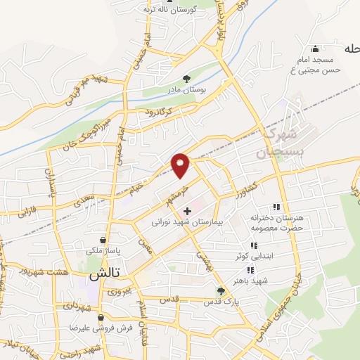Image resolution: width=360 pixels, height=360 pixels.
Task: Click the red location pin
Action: point(181,165)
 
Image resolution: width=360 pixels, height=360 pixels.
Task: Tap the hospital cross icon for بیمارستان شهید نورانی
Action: point(187,211)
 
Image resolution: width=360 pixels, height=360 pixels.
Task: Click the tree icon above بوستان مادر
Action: point(186,79)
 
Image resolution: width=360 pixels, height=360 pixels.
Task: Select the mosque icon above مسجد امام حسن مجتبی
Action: point(315,49)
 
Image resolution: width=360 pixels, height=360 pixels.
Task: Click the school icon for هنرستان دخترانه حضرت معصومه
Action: point(276,207)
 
